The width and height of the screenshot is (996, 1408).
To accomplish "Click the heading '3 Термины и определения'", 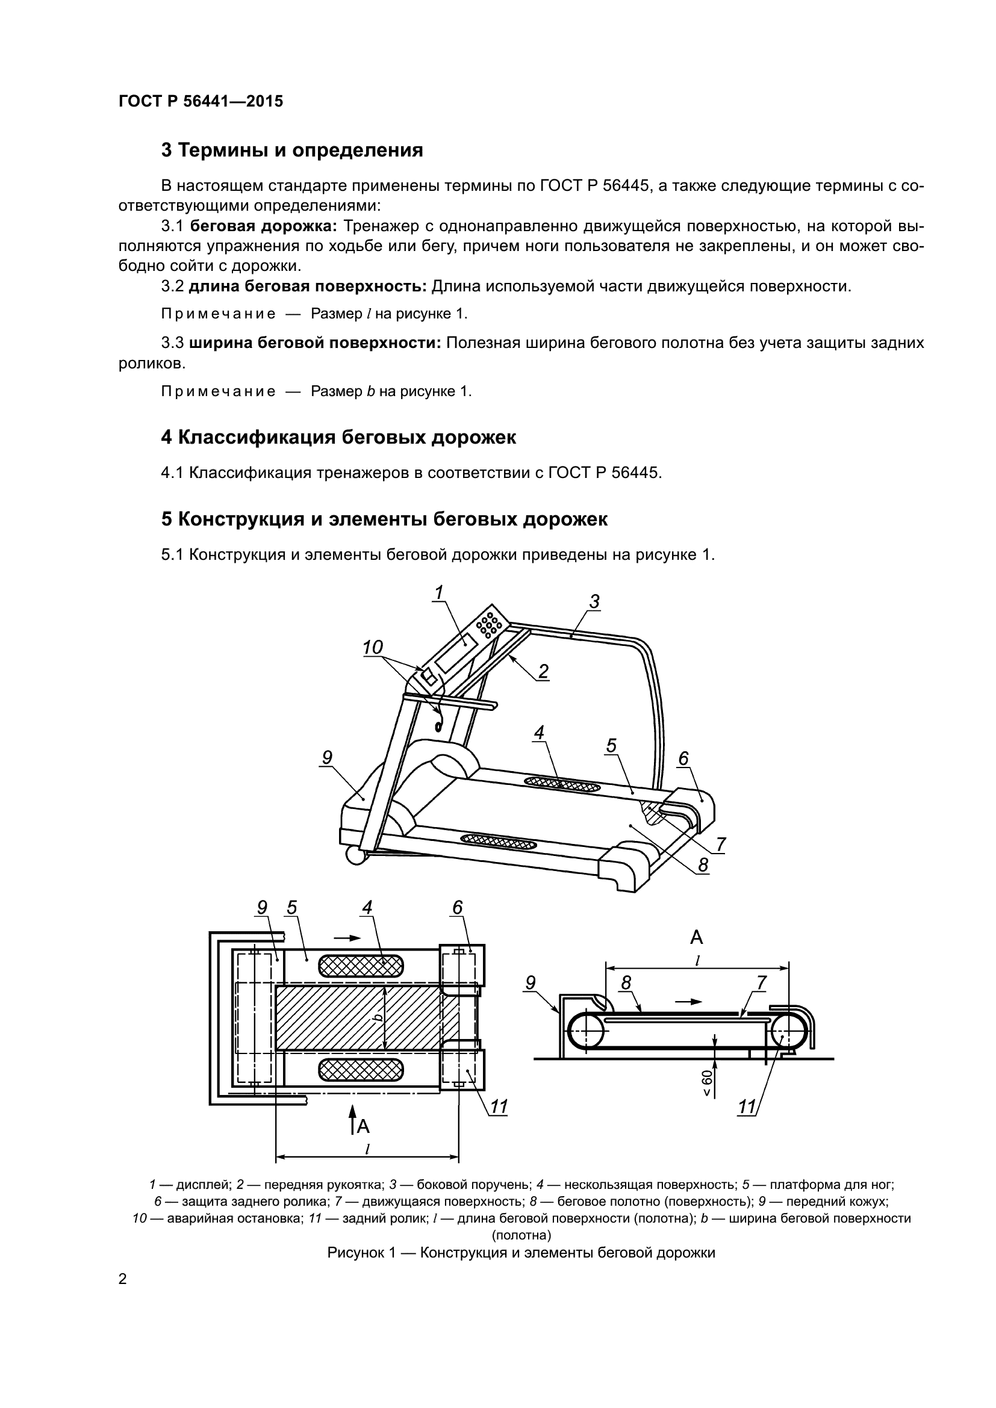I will click(292, 150).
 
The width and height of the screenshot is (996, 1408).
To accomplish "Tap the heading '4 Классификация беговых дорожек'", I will click(338, 437).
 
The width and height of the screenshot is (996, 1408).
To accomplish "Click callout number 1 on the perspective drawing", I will click(438, 592).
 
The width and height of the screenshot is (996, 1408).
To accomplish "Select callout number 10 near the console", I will click(372, 648).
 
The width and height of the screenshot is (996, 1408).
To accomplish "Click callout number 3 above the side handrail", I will click(594, 601).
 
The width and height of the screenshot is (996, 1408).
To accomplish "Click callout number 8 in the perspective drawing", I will click(703, 864).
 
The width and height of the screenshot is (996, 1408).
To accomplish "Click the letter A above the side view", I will click(697, 937).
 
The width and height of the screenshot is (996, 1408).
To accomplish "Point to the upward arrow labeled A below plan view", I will click(352, 1120).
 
